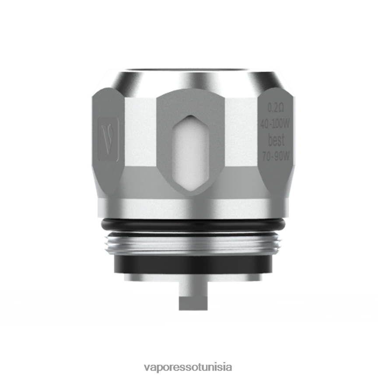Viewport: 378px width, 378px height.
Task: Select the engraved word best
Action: coord(276,140)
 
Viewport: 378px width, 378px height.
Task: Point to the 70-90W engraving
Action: coord(276,157)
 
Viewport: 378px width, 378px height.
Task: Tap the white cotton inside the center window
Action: coord(189,153)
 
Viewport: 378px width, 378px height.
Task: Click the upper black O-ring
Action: coord(189,224)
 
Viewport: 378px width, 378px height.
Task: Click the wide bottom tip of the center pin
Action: coord(192,301)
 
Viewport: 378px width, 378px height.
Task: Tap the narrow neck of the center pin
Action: coord(192,287)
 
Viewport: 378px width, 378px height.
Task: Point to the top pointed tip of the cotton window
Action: coord(189,117)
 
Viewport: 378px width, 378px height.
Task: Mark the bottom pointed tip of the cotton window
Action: coord(189,189)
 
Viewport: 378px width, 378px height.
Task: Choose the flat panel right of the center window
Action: coord(238,136)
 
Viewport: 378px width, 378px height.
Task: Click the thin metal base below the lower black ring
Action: coord(189,277)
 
